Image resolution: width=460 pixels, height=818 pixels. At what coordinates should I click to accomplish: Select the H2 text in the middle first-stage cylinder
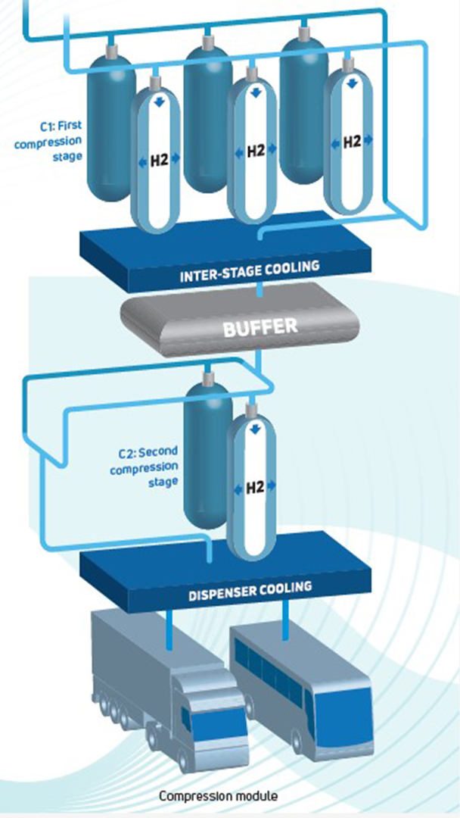[x=255, y=151]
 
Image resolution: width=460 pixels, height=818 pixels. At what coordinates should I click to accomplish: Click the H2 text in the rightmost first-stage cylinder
[x=352, y=142]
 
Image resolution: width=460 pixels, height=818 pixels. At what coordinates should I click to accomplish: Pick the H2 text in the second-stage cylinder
[x=255, y=488]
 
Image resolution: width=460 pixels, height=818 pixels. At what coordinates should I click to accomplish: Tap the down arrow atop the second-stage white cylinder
[x=255, y=429]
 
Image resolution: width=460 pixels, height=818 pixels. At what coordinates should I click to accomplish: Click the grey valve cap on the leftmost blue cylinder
[x=111, y=50]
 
